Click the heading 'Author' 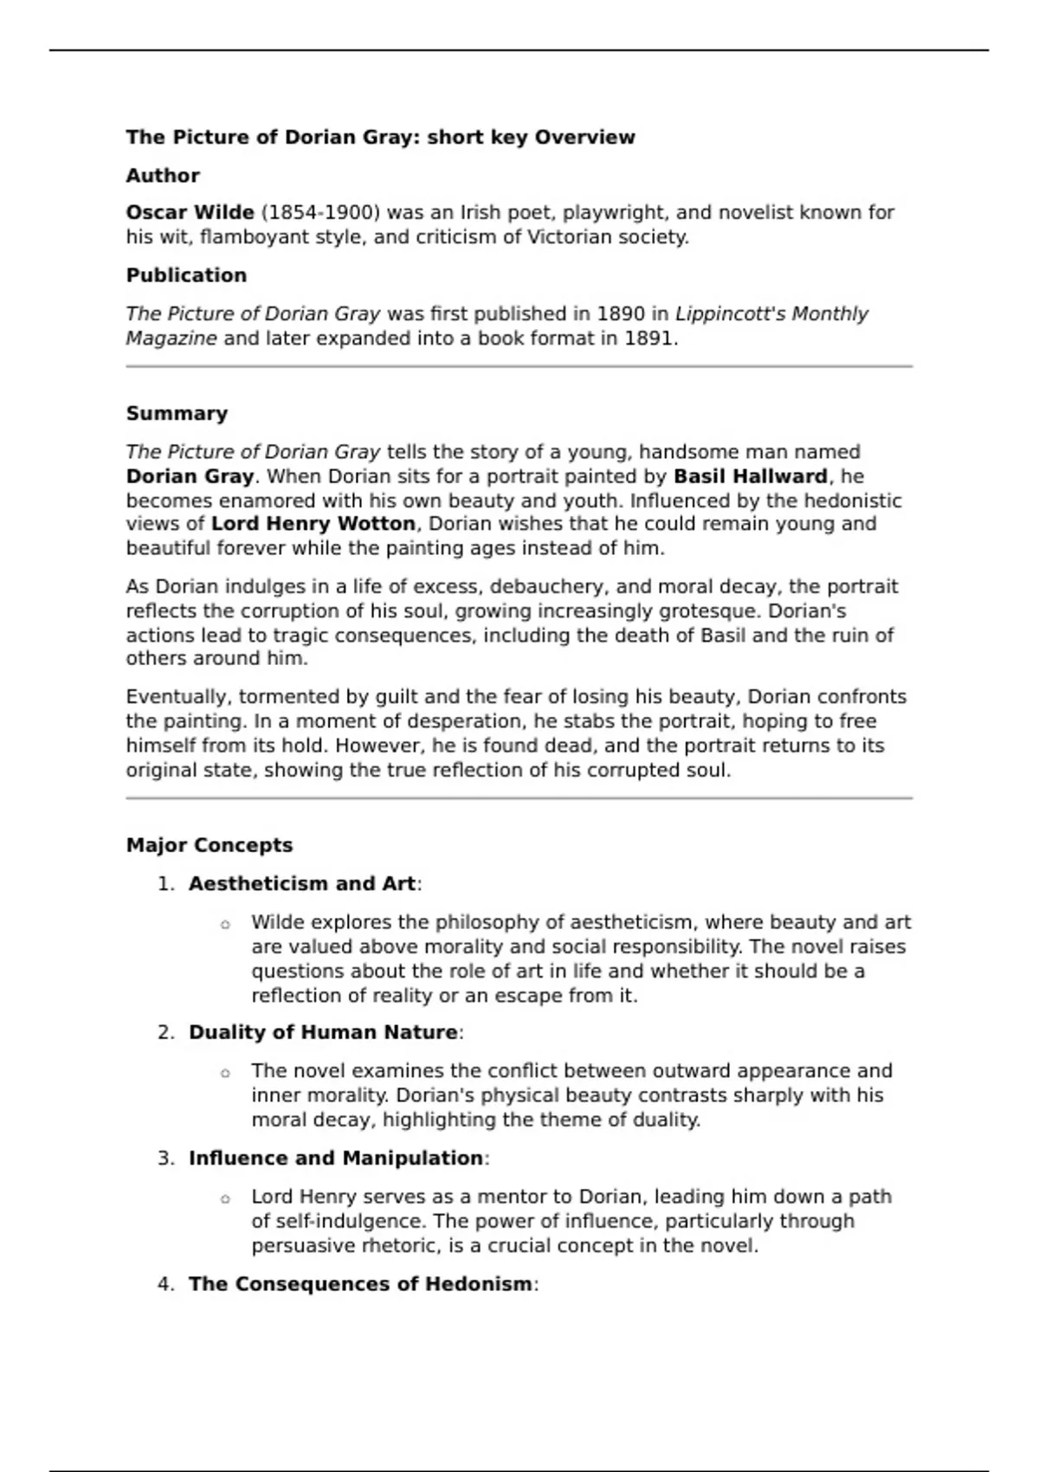pos(163,176)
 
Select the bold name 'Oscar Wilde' pos(190,213)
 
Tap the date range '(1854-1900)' pos(320,213)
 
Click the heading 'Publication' pos(186,275)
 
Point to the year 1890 pos(621,313)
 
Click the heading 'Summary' pos(177,414)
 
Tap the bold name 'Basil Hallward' pos(750,476)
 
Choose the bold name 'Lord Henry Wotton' pos(313,524)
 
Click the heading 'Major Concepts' pos(210,845)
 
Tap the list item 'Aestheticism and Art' pos(302,884)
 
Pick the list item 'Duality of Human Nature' pos(323,1032)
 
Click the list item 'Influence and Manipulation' pos(336,1159)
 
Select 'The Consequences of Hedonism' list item pos(360,1284)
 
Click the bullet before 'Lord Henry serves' pos(225,1199)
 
